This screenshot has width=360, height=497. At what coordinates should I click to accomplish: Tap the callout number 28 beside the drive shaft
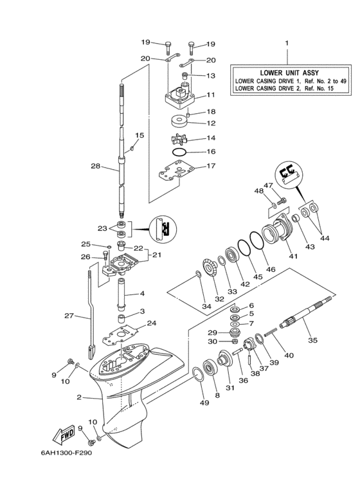click(95, 166)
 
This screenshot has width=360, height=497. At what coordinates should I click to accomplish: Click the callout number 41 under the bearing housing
click(293, 257)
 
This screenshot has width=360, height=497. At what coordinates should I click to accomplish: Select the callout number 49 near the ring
click(204, 403)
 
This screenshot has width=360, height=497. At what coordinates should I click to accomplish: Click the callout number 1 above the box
click(287, 43)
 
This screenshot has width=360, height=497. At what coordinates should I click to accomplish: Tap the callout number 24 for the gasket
click(152, 323)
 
